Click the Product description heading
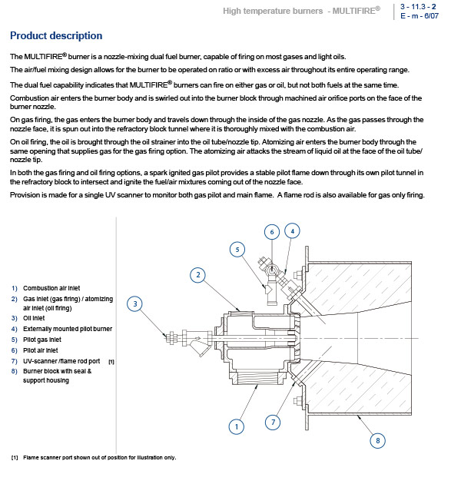coord(56,36)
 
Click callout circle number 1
coord(237,426)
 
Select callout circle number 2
coord(198,275)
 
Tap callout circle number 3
coord(135,303)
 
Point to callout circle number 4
coord(292,231)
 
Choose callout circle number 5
coord(237,250)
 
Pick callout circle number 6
coord(272,232)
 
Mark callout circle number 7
coord(273,422)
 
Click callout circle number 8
coord(377,440)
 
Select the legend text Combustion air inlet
coord(51,288)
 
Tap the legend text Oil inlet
coord(34,318)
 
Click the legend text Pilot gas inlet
coord(42,340)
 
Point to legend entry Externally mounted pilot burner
coord(68,329)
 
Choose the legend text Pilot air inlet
coord(41,350)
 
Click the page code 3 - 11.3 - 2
coord(418,6)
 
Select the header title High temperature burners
coord(273,11)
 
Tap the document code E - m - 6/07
coord(419,15)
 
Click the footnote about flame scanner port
coord(94,457)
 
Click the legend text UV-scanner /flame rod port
coord(61,361)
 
